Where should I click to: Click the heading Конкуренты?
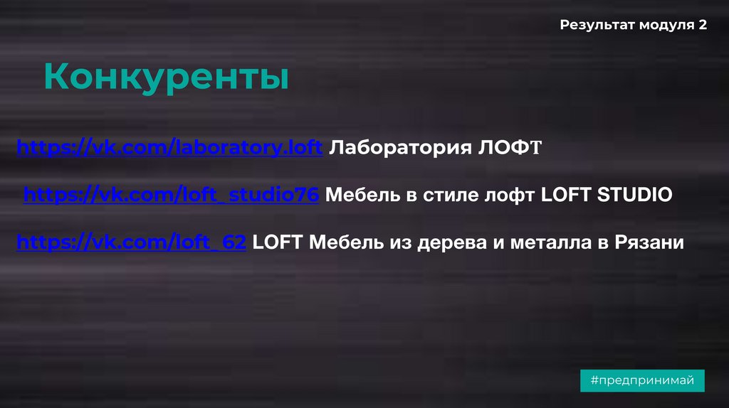[166, 77]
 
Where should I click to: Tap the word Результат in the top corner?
[596, 25]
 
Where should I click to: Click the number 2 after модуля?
[703, 25]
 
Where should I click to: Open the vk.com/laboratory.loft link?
[170, 148]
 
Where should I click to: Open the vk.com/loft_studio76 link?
[171, 195]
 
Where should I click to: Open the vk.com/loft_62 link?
[132, 242]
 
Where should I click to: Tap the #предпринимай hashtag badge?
[642, 380]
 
